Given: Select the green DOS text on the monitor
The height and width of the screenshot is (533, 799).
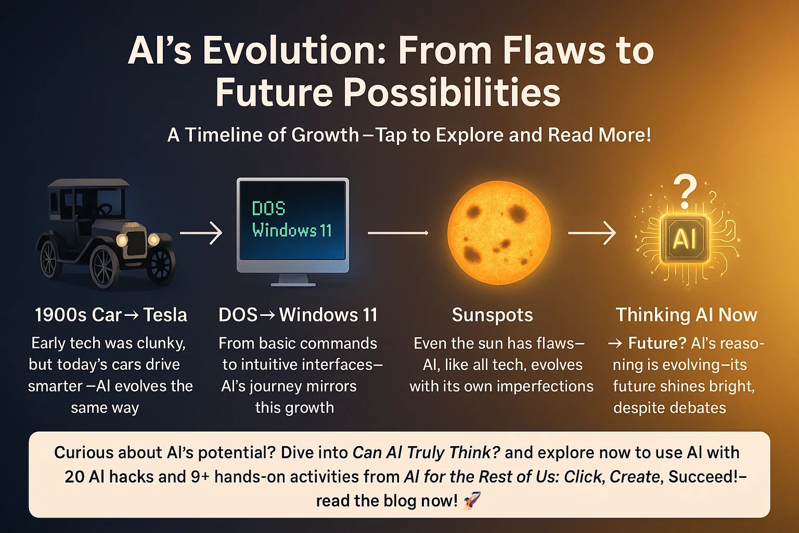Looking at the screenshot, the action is tap(268, 208).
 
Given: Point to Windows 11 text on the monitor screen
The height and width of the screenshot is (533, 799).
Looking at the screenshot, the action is tap(292, 230).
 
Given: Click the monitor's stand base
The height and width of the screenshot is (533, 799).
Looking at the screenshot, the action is tap(293, 285).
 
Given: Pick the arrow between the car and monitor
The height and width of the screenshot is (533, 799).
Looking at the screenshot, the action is tap(201, 233).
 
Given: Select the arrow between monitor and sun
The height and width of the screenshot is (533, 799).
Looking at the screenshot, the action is tap(398, 233).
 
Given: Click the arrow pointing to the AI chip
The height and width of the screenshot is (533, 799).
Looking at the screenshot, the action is tap(592, 233).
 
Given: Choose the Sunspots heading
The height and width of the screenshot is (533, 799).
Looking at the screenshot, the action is tap(492, 315).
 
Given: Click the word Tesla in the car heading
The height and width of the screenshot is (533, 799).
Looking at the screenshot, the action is tap(165, 315).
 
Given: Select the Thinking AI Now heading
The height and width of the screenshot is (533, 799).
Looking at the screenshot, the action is tap(686, 315).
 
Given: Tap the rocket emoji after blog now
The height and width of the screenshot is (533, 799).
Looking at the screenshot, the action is tap(472, 500).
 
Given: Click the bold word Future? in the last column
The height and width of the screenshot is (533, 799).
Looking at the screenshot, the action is tap(657, 343).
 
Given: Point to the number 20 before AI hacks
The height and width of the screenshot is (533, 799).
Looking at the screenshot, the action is tap(74, 477).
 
